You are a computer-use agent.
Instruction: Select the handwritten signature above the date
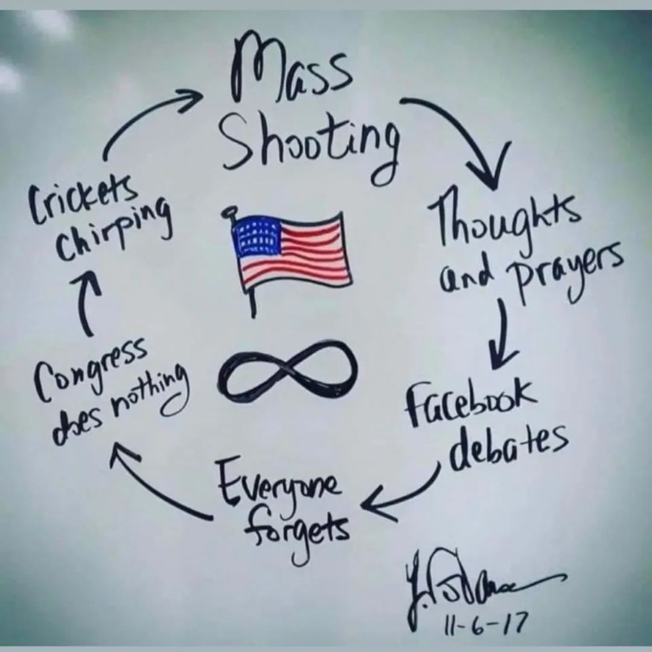[477, 580]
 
